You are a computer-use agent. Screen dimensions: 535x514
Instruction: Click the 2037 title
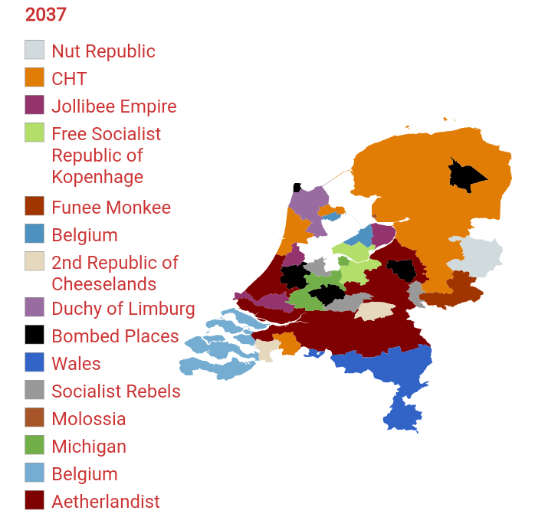point(46,15)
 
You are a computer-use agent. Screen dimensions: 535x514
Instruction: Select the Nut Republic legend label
point(103,51)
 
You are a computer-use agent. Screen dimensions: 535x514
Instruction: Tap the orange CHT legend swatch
point(34,78)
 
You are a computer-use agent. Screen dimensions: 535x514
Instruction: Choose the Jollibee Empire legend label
point(113,106)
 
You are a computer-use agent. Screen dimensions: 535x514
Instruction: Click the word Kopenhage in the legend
point(97,177)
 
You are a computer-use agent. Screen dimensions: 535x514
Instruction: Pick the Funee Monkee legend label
point(110,208)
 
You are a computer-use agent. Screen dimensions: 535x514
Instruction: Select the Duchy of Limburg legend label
point(123,309)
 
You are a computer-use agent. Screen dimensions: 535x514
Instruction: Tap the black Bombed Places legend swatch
point(34,336)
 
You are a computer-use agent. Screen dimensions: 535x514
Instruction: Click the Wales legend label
point(76,364)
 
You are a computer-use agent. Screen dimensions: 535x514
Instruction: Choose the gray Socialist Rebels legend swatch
point(34,391)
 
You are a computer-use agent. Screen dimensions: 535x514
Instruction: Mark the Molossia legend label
point(88,419)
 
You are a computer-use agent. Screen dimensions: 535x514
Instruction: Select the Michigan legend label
point(88,447)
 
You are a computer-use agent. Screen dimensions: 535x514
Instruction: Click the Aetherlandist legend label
point(106,502)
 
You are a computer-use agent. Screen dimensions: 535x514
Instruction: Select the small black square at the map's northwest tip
point(297,188)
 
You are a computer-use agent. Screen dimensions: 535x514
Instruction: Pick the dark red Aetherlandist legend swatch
point(34,501)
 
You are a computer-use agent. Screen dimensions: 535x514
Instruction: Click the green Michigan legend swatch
point(34,446)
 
